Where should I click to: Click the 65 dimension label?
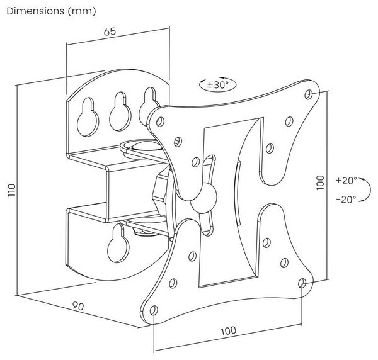click(110, 31)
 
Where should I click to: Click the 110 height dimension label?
click(11, 190)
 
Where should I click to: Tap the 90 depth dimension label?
click(78, 306)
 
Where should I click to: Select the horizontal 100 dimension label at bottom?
click(229, 331)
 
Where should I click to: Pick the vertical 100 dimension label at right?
click(320, 183)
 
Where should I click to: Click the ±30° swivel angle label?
click(218, 85)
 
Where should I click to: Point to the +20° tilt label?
click(346, 181)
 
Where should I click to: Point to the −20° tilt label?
click(346, 200)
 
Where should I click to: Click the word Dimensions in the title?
click(36, 11)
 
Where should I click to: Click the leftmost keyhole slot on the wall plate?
click(88, 117)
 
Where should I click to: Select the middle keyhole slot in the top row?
click(120, 111)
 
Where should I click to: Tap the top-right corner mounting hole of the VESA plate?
click(308, 94)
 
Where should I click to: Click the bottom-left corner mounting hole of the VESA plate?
click(154, 310)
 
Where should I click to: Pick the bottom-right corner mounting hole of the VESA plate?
click(302, 283)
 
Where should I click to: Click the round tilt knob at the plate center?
click(203, 197)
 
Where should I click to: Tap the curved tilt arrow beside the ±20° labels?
click(367, 189)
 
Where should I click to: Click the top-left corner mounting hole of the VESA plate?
click(160, 121)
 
